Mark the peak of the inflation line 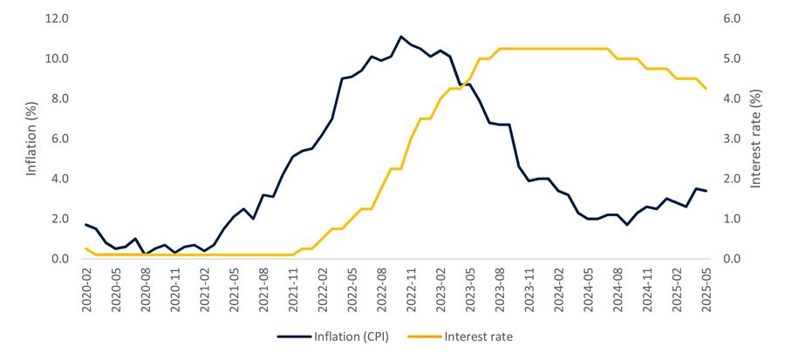click(400, 37)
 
